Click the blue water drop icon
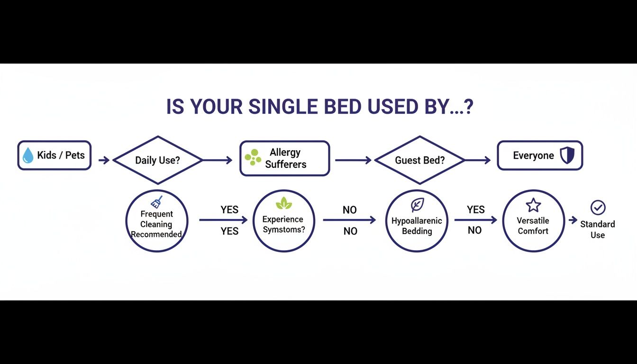coord(28,155)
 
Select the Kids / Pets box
coord(55,155)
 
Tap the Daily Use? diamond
coord(157,160)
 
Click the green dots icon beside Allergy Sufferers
coord(253,158)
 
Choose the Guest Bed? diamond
coord(420,160)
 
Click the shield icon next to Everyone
coord(567,155)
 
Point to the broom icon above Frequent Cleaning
coord(157,202)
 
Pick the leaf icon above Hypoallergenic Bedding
coord(417,205)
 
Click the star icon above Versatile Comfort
coord(533,205)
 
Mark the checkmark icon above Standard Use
coord(598,208)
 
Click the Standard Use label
coord(598,229)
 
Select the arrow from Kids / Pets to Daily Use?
coord(104,161)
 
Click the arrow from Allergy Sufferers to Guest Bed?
coord(353,161)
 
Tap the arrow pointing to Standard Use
coord(573,220)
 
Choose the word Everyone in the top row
coord(533,156)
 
